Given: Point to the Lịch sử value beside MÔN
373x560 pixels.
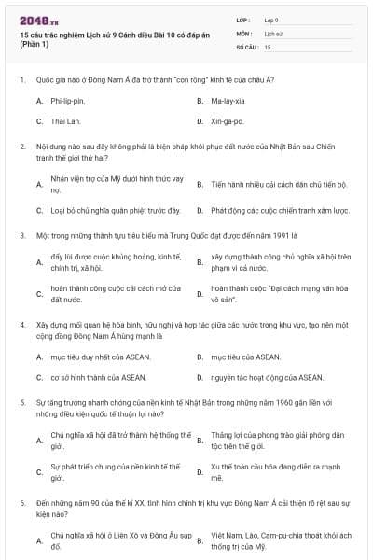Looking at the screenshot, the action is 271,33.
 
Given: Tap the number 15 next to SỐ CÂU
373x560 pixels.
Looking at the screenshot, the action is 268,46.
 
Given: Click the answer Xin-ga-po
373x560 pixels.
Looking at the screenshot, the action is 228,121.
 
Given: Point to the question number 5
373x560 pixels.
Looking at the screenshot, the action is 22,402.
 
